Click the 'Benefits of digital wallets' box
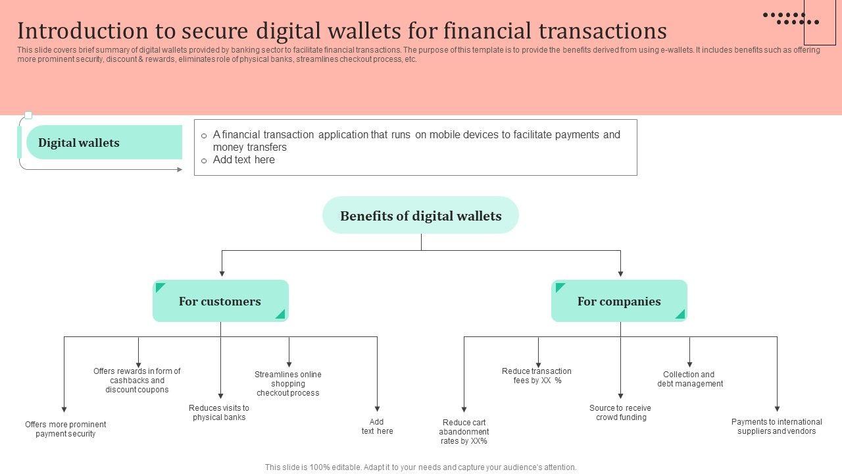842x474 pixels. [420, 215]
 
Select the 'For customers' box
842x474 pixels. [220, 302]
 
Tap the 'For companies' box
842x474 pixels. [619, 302]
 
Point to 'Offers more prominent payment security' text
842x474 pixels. [66, 429]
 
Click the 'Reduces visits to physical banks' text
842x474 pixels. [219, 413]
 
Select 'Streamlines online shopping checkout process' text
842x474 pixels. [288, 384]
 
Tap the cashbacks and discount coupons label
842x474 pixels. [137, 381]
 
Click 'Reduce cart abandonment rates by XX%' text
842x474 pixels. [464, 432]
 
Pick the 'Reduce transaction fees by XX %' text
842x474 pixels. [537, 376]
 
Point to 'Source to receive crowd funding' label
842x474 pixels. [620, 413]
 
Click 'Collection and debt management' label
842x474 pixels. [689, 379]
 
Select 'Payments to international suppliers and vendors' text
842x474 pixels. [777, 427]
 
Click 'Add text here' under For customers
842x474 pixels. [377, 427]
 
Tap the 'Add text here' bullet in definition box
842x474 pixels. [244, 160]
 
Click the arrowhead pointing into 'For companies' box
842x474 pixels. [620, 273]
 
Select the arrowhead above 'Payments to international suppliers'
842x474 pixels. [777, 409]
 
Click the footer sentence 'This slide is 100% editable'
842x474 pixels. [420, 467]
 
